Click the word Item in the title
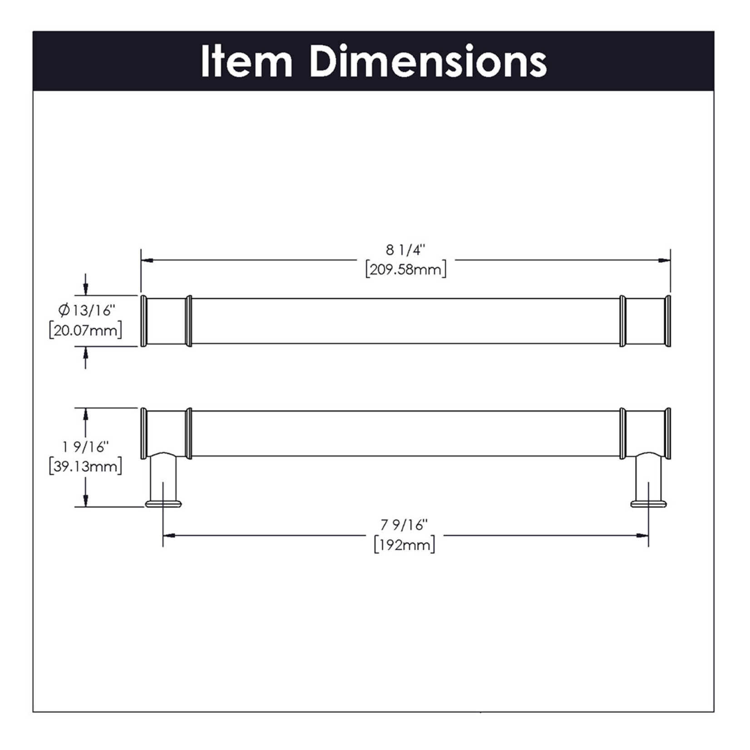pos(246,62)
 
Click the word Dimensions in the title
pos(428,62)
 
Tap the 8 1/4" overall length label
pos(405,250)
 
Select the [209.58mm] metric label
pos(406,270)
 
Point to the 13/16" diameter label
pos(93,311)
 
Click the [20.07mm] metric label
pos(85,331)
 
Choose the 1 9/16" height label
pos(85,447)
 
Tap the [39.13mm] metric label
pos(85,467)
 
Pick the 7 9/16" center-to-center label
pos(404,525)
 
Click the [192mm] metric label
pos(404,545)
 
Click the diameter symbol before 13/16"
pos(64,311)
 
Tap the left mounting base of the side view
pos(163,503)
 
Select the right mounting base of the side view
pos(649,503)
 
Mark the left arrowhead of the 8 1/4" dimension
pos(146,261)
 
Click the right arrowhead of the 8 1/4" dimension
pos(665,261)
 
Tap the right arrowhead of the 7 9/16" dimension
pos(643,536)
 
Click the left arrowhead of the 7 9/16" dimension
pos(169,536)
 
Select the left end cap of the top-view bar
pos(144,321)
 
